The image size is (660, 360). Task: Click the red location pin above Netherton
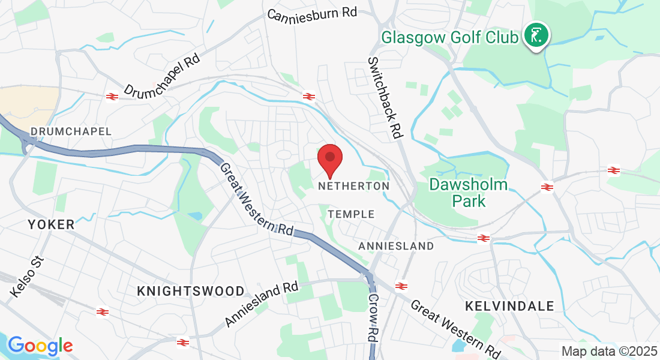click(x=329, y=158)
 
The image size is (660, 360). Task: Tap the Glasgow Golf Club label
click(x=450, y=38)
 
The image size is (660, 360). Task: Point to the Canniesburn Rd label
click(x=312, y=13)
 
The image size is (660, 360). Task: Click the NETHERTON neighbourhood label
click(x=353, y=187)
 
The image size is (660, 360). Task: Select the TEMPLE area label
click(x=351, y=214)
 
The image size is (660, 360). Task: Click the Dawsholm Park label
click(x=469, y=193)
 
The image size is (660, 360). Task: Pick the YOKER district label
click(x=51, y=224)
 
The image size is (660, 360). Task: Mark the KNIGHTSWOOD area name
click(x=191, y=291)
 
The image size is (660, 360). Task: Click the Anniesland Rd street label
click(x=262, y=305)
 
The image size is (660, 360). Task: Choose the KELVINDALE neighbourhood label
click(x=509, y=306)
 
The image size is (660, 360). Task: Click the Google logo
click(x=40, y=346)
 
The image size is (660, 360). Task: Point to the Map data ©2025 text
click(x=608, y=351)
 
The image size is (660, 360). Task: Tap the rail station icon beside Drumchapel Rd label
click(x=111, y=96)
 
